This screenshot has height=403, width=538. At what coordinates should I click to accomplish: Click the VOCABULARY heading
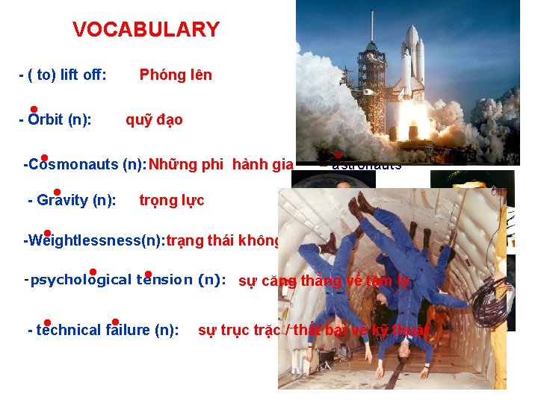point(146,30)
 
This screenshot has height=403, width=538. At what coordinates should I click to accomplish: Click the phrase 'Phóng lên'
point(176,75)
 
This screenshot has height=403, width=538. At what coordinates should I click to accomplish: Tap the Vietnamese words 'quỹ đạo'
point(154,119)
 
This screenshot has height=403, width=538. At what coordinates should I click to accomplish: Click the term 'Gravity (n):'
point(71,200)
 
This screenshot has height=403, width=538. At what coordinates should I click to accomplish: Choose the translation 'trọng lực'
point(171,200)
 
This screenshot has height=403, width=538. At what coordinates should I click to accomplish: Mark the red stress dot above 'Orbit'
point(34,109)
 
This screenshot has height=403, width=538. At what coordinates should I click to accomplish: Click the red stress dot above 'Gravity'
point(57,191)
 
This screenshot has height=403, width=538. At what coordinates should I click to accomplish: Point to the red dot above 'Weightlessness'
point(47,233)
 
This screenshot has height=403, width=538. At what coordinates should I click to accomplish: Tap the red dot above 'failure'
point(115,322)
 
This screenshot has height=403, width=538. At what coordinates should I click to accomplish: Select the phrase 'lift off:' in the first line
point(81,75)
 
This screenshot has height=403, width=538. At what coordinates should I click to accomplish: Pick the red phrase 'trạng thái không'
point(223,240)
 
